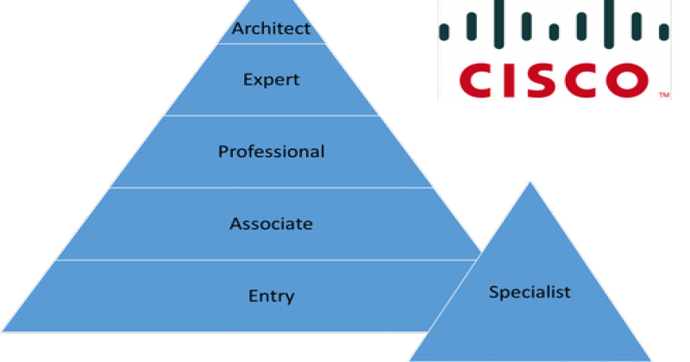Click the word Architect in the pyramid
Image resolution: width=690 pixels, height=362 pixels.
click(271, 29)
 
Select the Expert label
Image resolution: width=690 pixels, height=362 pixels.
click(271, 80)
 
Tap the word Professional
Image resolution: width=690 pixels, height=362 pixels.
click(271, 152)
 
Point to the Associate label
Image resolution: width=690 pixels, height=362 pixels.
click(271, 224)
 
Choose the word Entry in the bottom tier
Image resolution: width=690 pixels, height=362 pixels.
click(271, 296)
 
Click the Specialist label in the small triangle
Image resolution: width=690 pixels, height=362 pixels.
click(530, 292)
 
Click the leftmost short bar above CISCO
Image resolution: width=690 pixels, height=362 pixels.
click(445, 33)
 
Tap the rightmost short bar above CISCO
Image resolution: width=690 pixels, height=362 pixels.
click(664, 33)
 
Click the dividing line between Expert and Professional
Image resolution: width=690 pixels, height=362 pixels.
click(271, 115)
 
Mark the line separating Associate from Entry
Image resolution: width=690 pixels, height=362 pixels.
click(271, 259)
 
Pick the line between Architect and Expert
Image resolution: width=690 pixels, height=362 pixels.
click(271, 43)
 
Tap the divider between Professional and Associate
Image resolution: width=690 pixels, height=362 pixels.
click(271, 187)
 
